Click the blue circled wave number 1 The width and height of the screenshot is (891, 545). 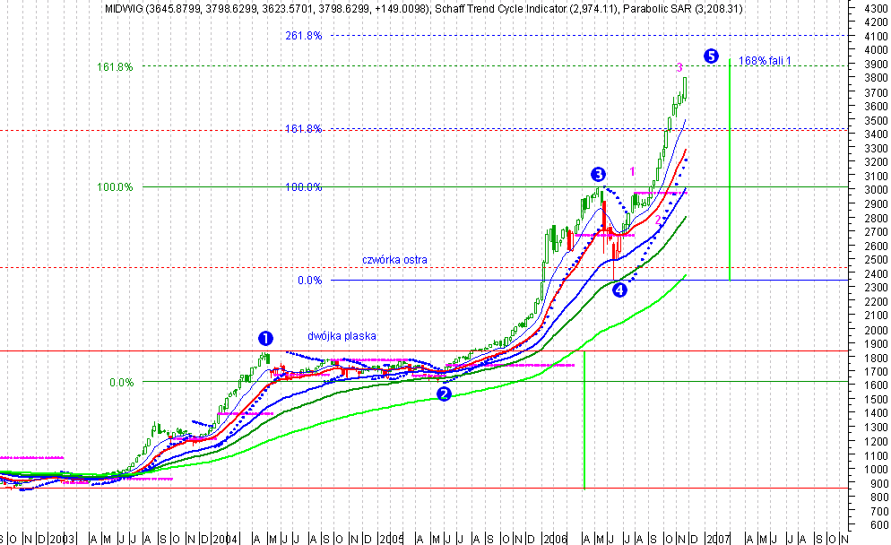[265, 338]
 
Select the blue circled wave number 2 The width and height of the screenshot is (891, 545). [444, 394]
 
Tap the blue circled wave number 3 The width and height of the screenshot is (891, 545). [598, 174]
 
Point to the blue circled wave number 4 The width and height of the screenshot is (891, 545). [619, 290]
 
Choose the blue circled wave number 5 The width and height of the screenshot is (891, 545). [711, 56]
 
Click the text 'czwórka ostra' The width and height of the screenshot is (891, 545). [394, 259]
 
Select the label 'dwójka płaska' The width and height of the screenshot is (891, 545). [342, 335]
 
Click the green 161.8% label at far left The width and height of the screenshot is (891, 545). [115, 66]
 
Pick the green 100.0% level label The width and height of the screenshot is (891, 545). [115, 186]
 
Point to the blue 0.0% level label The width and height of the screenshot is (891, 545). [310, 281]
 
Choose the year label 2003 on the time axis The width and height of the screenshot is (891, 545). [62, 539]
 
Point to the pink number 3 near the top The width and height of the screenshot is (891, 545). [679, 67]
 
